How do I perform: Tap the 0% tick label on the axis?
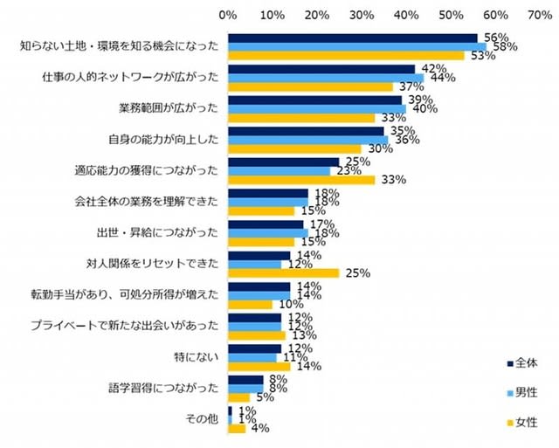(x=228, y=15)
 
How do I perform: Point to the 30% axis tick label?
(x=362, y=15)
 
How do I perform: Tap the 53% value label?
(x=483, y=56)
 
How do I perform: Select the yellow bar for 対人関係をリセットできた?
(x=283, y=273)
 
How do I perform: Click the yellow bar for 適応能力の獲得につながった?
(x=301, y=179)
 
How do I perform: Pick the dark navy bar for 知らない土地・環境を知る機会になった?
(x=352, y=38)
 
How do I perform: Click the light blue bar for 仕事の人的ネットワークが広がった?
(x=326, y=78)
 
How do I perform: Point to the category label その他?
(x=203, y=419)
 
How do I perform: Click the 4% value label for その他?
(x=259, y=429)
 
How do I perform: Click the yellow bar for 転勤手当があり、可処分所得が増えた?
(x=250, y=303)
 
